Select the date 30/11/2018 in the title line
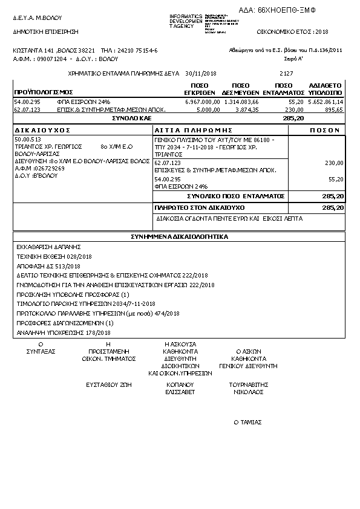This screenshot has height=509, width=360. [x=201, y=73]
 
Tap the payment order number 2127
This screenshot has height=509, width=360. [x=287, y=73]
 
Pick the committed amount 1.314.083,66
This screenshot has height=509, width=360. [x=241, y=102]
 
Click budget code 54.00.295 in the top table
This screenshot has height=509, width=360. [x=27, y=102]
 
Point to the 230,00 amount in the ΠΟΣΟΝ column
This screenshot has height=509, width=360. [x=334, y=163]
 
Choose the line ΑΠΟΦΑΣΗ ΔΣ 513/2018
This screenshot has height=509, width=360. [x=48, y=266]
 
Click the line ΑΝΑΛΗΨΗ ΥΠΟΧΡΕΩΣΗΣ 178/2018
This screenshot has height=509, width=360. [x=64, y=333]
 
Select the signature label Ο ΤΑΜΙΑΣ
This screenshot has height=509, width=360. [x=247, y=423]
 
